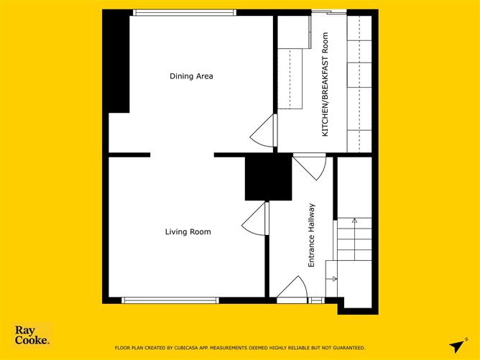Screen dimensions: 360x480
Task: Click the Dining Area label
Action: (x=191, y=76)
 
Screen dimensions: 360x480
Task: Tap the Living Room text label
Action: (x=188, y=231)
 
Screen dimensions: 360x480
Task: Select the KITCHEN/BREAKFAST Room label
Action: (x=325, y=84)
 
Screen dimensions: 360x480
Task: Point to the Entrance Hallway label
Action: (x=312, y=236)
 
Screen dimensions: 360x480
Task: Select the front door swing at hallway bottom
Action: (x=293, y=287)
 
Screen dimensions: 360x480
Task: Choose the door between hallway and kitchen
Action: (x=312, y=167)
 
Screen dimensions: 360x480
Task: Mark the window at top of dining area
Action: (x=185, y=12)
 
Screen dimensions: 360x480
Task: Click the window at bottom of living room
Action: (x=170, y=300)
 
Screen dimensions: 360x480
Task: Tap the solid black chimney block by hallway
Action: (x=268, y=177)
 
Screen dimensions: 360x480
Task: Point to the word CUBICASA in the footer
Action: (x=188, y=348)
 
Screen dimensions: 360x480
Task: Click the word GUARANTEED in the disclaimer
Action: (x=348, y=348)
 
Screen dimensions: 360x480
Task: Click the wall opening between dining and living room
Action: (x=182, y=154)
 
